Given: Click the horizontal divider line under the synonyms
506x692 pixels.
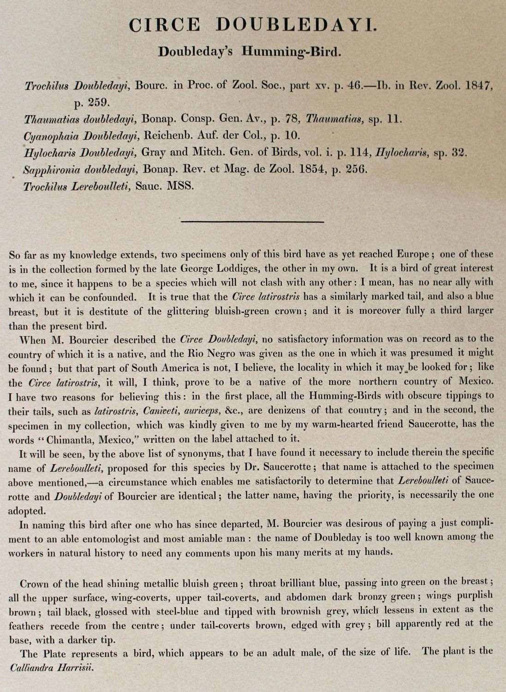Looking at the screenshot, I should pos(253,222).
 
